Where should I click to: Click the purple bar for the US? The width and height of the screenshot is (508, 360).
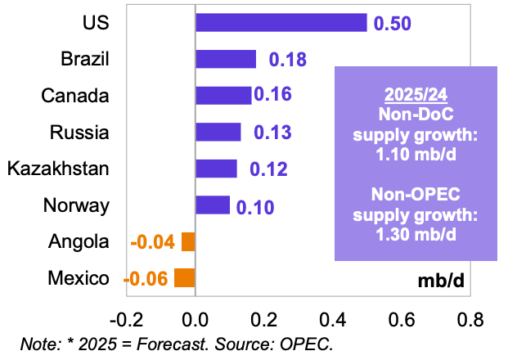coord(281,22)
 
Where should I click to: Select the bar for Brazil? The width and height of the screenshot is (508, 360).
coord(226,59)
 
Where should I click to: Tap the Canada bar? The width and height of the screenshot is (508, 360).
coord(223,95)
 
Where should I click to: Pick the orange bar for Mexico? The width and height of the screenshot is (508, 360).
coord(184,278)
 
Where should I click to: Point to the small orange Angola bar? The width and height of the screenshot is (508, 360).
coord(188,241)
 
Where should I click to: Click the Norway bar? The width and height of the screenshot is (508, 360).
coord(213,205)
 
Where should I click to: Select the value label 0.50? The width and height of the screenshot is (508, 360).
coord(393,23)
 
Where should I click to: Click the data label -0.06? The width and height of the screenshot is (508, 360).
coord(146,279)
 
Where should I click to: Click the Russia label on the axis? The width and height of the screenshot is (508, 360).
coord(79,132)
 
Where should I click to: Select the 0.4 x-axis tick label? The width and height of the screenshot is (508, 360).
coord(332,317)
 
